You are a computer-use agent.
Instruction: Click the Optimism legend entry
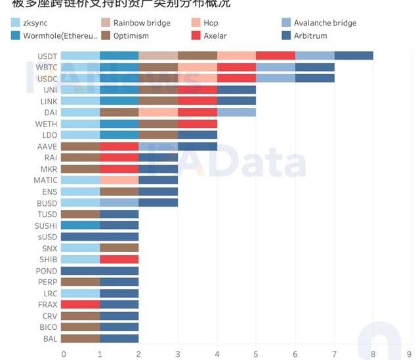click(135, 35)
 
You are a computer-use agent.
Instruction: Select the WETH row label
click(46, 123)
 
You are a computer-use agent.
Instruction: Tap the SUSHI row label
click(46, 226)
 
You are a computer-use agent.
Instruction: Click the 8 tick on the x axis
click(373, 354)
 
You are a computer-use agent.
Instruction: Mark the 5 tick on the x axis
click(256, 354)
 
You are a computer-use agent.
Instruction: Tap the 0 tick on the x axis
click(64, 354)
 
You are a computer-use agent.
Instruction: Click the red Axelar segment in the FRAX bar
click(80, 305)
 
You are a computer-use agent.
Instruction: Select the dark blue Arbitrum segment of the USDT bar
click(354, 56)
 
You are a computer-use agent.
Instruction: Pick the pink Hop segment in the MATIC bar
click(119, 180)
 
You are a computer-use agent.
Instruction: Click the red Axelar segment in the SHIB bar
click(119, 260)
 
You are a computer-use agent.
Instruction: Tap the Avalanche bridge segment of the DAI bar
click(236, 112)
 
